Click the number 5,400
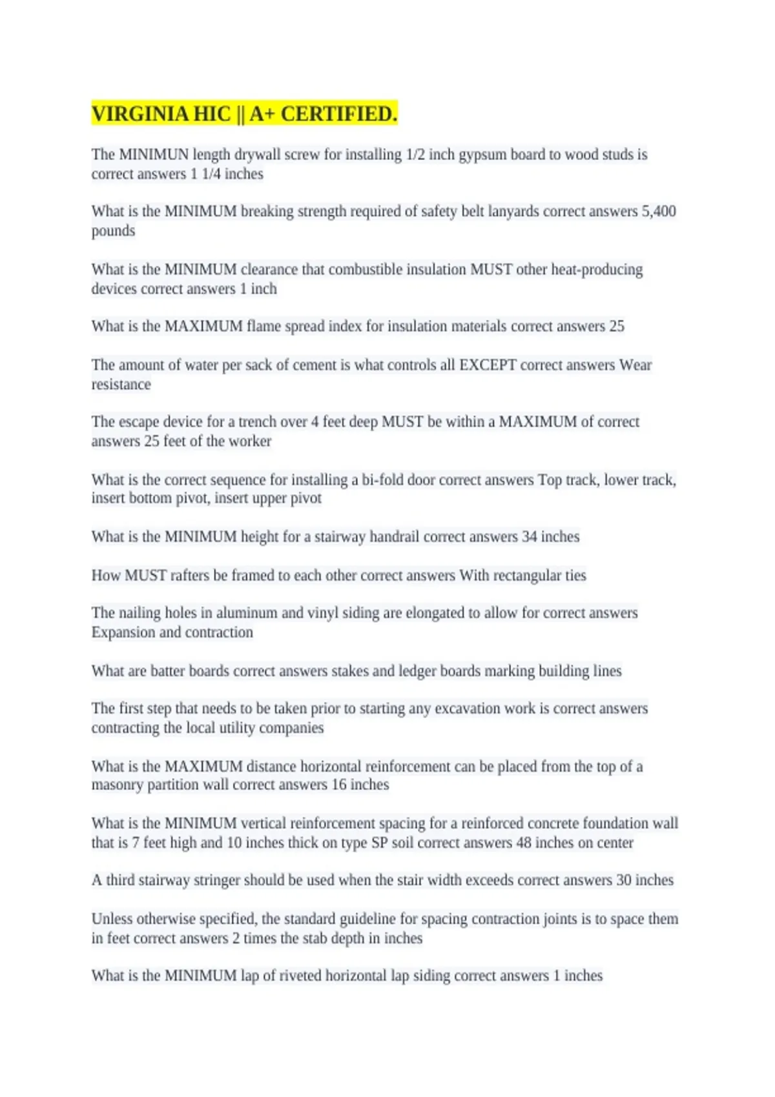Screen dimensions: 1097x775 tap(658, 212)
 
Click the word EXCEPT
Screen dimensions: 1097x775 tap(488, 365)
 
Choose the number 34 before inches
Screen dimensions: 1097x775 tap(529, 537)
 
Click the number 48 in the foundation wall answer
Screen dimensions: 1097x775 tap(524, 843)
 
